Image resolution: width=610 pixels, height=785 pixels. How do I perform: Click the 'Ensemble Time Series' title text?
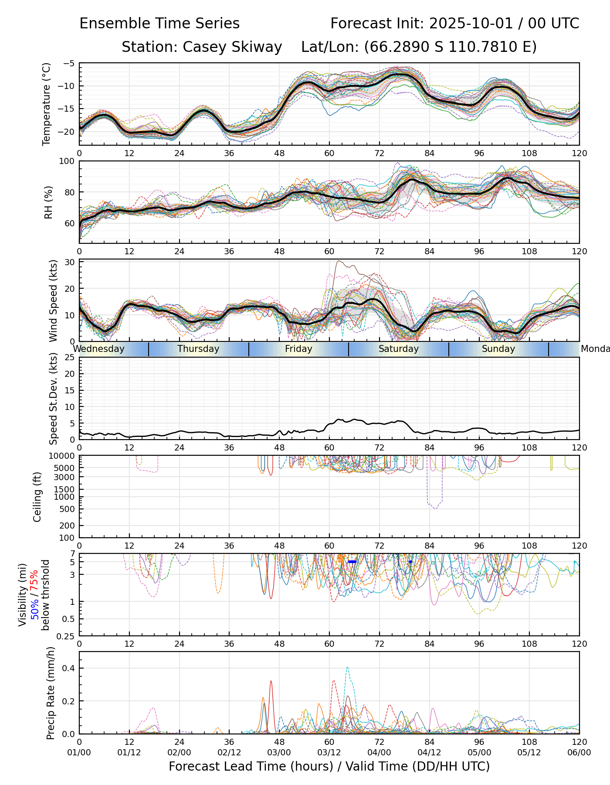point(159,24)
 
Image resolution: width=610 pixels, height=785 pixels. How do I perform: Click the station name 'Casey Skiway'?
point(232,47)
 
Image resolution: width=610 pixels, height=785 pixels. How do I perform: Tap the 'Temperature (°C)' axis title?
point(47,104)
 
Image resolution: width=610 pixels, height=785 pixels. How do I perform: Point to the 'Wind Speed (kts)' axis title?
point(53,300)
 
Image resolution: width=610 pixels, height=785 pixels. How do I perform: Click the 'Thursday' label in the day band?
point(198,349)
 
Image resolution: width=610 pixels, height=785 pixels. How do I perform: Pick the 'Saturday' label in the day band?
point(398,349)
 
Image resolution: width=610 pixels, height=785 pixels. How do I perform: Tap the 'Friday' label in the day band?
point(298,349)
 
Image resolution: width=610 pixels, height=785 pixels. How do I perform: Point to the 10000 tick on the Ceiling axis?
point(63,456)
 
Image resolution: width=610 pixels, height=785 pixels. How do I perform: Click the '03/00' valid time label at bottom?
point(279,752)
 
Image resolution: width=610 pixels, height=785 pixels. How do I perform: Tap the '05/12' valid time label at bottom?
point(529,752)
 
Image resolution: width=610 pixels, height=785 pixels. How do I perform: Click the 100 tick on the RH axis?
point(68,162)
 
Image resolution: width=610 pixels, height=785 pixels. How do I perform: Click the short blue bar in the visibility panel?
point(352,562)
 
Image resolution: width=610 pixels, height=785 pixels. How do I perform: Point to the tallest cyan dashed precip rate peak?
point(347,667)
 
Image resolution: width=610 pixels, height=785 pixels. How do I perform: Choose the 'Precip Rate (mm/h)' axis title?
point(51,693)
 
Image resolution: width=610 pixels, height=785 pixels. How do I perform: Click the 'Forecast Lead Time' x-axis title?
point(329,766)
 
